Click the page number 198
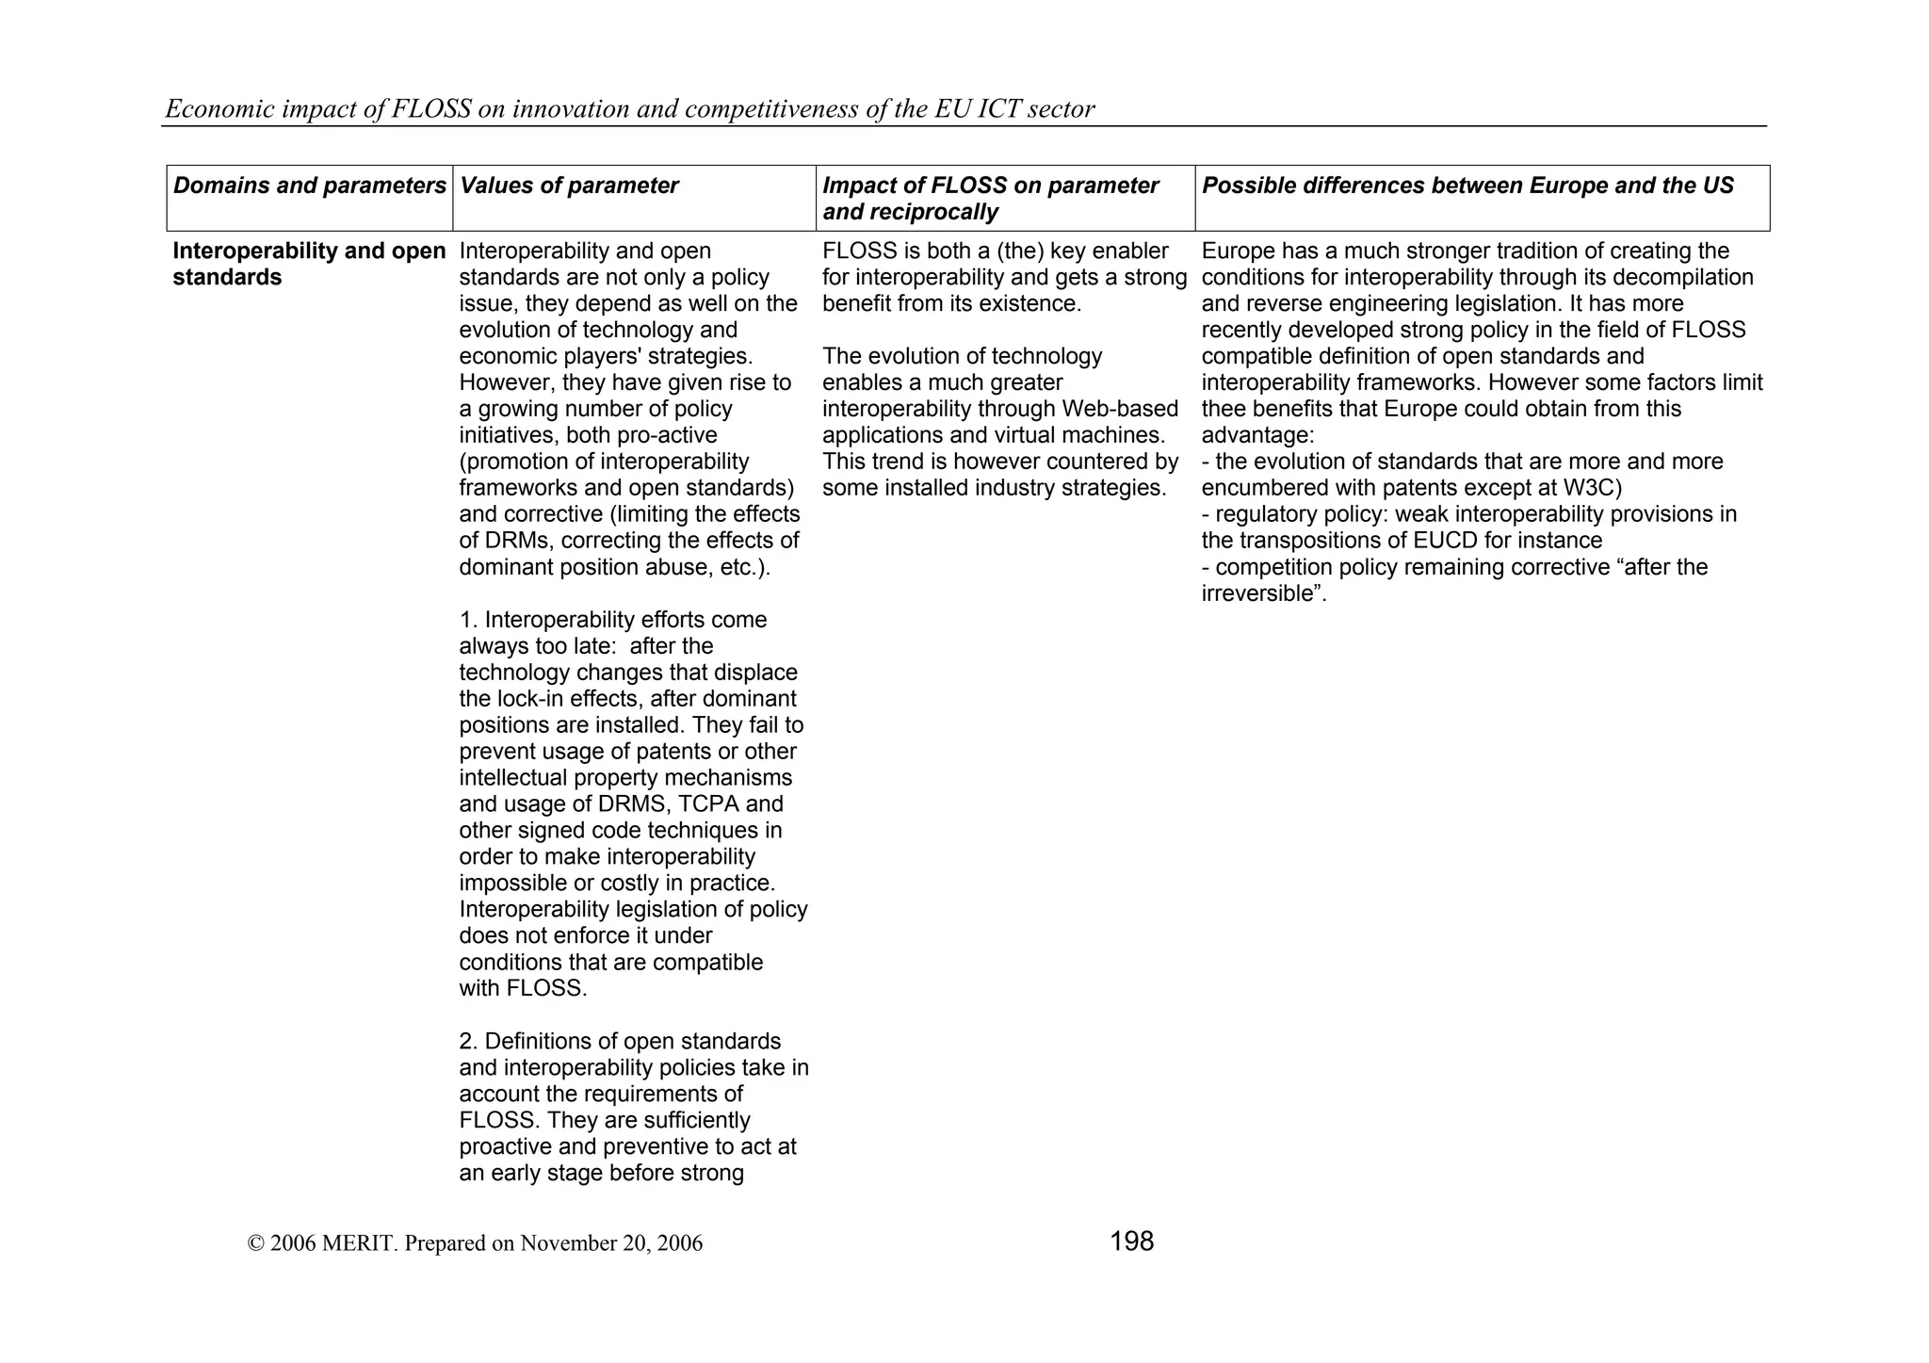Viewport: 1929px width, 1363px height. click(x=1131, y=1241)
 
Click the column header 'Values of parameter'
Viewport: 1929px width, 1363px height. click(x=569, y=186)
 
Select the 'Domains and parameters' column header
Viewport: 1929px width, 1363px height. click(x=309, y=186)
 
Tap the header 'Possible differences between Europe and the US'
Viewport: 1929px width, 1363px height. click(x=1467, y=186)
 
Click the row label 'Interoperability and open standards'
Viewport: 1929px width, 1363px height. click(x=309, y=264)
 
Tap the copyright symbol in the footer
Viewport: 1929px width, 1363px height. click(x=255, y=1243)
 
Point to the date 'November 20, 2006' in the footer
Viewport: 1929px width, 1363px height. click(x=611, y=1243)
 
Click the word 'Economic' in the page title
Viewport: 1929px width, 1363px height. click(x=210, y=109)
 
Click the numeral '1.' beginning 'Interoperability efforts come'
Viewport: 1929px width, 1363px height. click(x=468, y=620)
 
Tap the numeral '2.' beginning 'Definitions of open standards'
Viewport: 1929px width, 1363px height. click(x=468, y=1042)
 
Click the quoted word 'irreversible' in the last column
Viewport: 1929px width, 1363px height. click(x=1257, y=593)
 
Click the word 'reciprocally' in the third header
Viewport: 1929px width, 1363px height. click(x=910, y=212)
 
